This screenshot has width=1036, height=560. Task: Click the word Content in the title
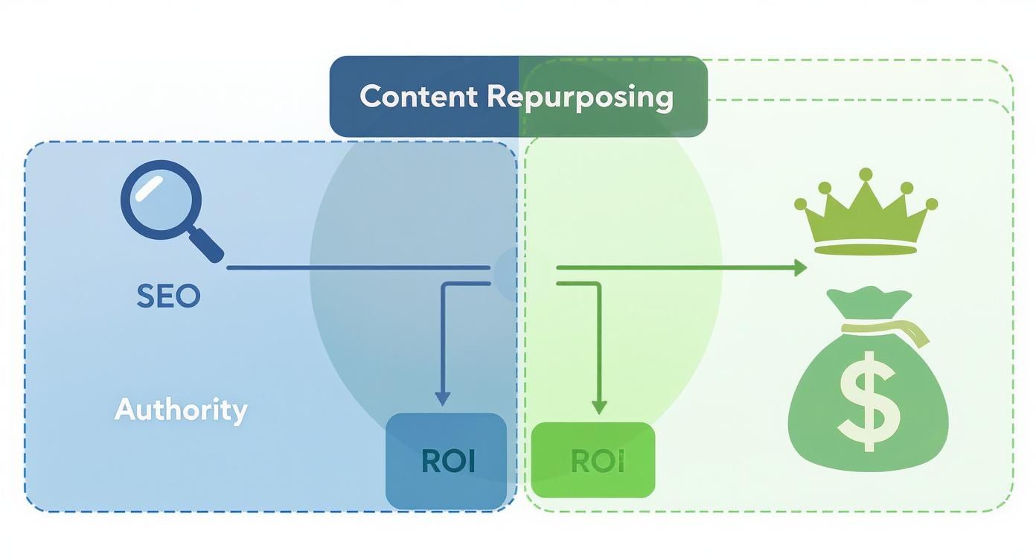(x=419, y=97)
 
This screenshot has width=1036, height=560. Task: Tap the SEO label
(x=169, y=296)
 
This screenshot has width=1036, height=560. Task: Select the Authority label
(x=181, y=410)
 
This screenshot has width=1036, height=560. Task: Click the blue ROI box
(x=447, y=461)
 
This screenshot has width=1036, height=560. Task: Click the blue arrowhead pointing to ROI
(x=443, y=399)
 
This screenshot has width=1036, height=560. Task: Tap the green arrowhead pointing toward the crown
(x=800, y=267)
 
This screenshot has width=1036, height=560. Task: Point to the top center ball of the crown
(x=866, y=174)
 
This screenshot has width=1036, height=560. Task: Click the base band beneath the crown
(x=866, y=249)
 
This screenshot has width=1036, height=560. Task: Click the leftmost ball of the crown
(x=801, y=203)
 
